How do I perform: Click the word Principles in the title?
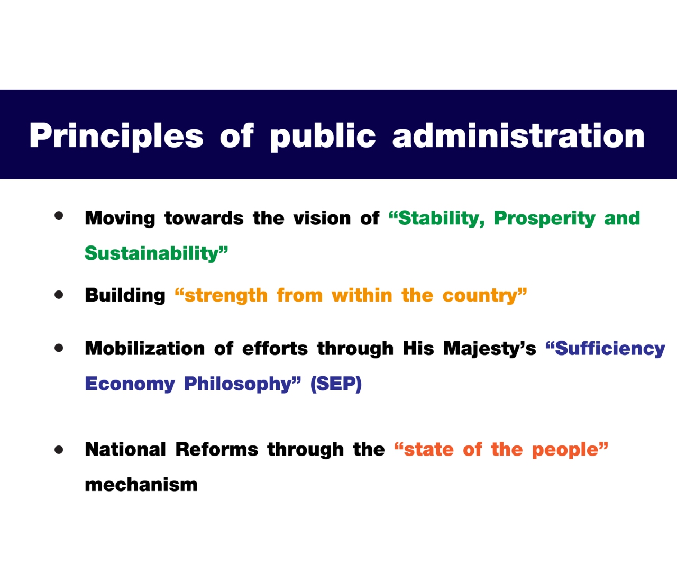point(116,136)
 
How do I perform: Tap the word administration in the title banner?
point(518,135)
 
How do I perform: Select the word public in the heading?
point(323,136)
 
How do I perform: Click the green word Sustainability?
point(152,253)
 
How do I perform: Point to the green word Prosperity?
point(544,219)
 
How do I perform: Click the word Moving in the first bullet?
point(120,219)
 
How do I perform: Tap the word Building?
point(125,295)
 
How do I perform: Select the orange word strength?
point(226,295)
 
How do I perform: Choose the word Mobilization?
point(144,349)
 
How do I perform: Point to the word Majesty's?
point(490,349)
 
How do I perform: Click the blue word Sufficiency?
point(610,349)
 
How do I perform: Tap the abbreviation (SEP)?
point(336,384)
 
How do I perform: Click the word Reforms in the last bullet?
point(217,450)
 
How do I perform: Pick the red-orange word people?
point(565,450)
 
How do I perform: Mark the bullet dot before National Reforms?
point(59,450)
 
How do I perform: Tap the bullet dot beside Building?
point(59,295)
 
